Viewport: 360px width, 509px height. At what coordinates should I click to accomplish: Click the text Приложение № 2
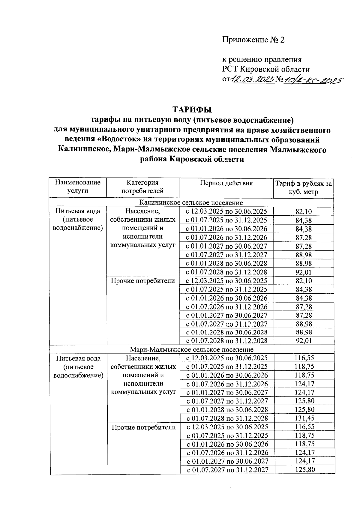pyautogui.click(x=253, y=40)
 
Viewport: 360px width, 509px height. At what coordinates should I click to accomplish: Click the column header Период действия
pyautogui.click(x=226, y=183)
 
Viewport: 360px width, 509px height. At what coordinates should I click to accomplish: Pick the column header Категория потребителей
pyautogui.click(x=142, y=187)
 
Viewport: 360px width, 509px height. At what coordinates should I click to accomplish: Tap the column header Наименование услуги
pyautogui.click(x=78, y=187)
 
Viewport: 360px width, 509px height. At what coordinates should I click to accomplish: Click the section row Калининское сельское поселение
pyautogui.click(x=191, y=203)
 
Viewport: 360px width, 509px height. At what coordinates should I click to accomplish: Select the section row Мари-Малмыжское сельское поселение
pyautogui.click(x=191, y=349)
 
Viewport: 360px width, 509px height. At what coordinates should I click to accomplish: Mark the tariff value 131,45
pyautogui.click(x=304, y=418)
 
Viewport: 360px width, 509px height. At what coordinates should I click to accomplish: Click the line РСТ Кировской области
pyautogui.click(x=266, y=70)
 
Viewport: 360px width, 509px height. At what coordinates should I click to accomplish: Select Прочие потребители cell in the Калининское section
pyautogui.click(x=143, y=281)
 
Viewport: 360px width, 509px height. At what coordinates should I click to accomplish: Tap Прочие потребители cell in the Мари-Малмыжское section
pyautogui.click(x=144, y=427)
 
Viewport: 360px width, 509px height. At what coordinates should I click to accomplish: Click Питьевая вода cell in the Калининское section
pyautogui.click(x=78, y=219)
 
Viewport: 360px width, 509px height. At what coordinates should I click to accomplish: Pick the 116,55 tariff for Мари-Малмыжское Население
pyautogui.click(x=304, y=358)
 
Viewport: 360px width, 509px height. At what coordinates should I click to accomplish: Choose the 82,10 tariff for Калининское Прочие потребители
pyautogui.click(x=304, y=281)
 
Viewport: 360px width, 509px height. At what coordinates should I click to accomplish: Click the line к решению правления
pyautogui.click(x=262, y=60)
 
